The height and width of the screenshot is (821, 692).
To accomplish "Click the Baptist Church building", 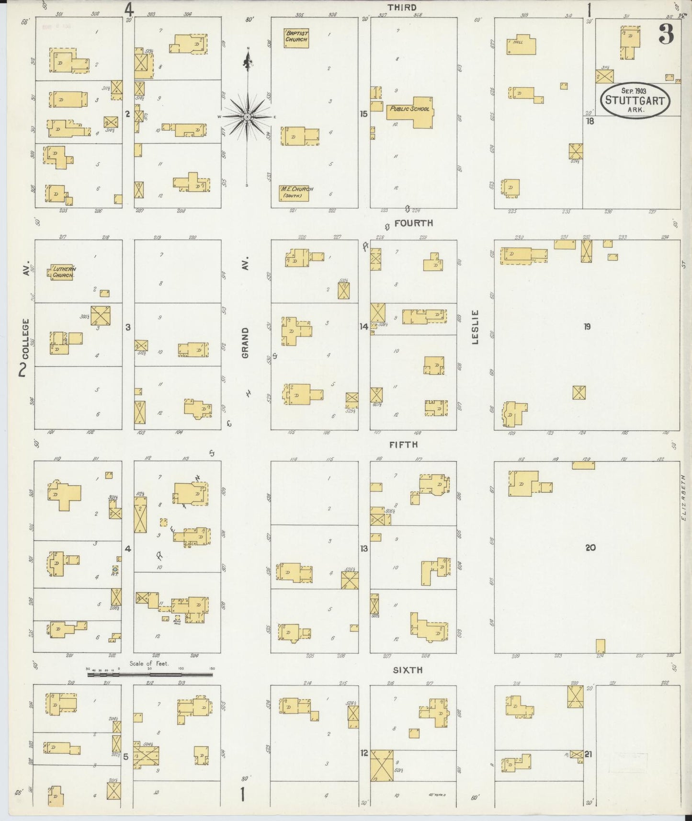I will click(x=296, y=38).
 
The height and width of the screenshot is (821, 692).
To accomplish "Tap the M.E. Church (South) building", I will click(x=294, y=193).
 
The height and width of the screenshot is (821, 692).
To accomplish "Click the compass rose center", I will click(x=248, y=117).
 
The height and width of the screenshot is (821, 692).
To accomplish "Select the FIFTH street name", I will click(x=404, y=445).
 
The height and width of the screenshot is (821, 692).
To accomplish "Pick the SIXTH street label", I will click(x=408, y=670).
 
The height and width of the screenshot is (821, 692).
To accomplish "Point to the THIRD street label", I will click(x=402, y=7).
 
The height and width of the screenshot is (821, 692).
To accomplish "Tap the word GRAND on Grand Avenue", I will click(x=245, y=343).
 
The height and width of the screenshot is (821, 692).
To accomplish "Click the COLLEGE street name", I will click(x=25, y=339).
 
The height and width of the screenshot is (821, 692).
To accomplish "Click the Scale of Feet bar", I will click(x=149, y=674).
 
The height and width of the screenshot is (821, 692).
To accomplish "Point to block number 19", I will click(x=587, y=327).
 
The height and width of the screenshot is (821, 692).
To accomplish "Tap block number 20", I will click(x=590, y=547).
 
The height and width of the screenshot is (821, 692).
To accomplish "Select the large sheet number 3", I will click(x=666, y=34).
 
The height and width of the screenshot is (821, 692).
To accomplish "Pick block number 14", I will click(x=364, y=327).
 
